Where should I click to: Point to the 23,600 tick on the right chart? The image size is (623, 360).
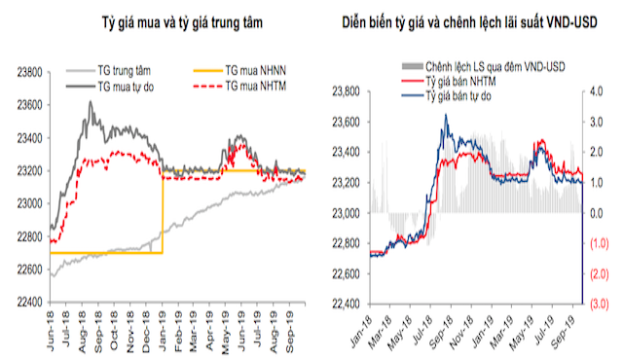346,123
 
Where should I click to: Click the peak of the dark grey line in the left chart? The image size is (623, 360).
91,102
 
